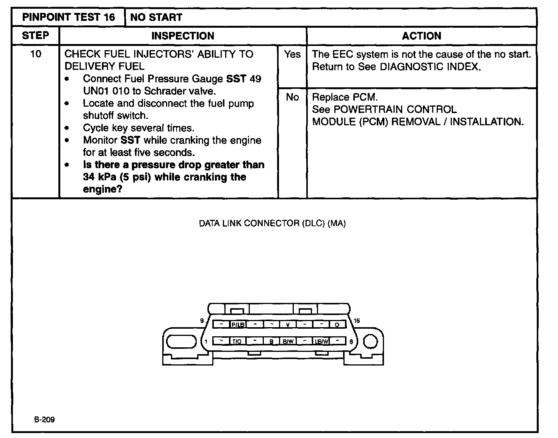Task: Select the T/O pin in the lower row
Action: [237, 341]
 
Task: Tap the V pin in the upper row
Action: [288, 325]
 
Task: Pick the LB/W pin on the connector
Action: [322, 341]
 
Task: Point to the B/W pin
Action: [288, 341]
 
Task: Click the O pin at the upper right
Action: [337, 325]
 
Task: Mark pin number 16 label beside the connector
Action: [357, 321]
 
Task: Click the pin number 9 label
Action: [202, 321]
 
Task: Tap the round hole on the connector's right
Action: [371, 342]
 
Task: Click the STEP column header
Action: [36, 36]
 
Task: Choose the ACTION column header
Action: [422, 36]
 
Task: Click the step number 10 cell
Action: [36, 54]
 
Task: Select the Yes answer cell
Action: [292, 55]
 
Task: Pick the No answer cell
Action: [292, 98]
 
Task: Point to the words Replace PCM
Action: [345, 97]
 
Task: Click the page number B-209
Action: [44, 419]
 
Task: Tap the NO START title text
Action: [156, 17]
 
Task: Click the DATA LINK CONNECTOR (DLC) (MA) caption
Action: [272, 223]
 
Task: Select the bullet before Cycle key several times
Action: [67, 128]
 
